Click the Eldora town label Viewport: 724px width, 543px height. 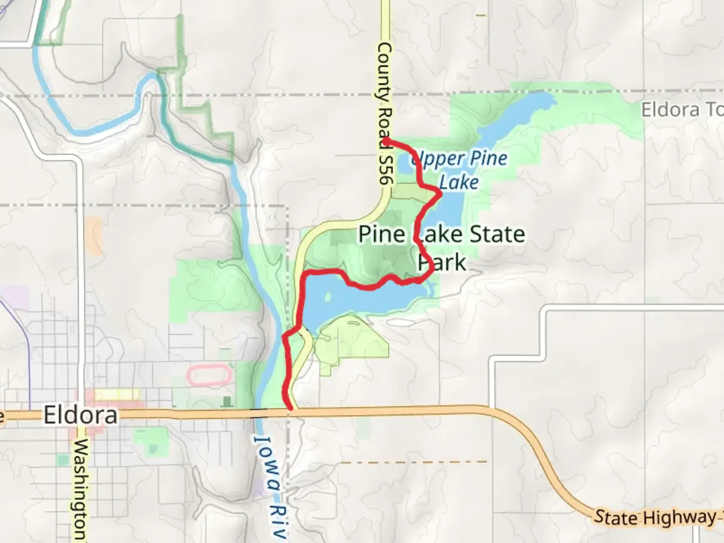(80, 415)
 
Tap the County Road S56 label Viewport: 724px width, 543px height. (384, 113)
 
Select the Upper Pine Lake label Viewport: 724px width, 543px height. (459, 170)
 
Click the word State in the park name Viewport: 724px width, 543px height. (497, 234)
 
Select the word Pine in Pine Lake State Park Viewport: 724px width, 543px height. (381, 234)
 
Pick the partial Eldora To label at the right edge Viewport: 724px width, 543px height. (681, 110)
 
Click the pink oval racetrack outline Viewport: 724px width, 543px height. (209, 376)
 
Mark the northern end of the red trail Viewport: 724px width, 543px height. (388, 140)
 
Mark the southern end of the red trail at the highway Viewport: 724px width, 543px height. (290, 409)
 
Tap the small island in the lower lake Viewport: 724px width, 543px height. (328, 298)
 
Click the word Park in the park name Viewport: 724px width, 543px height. (442, 262)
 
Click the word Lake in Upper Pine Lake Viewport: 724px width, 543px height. (459, 182)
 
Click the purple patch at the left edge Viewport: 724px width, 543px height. (15, 297)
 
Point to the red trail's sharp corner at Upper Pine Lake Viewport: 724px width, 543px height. (440, 193)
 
